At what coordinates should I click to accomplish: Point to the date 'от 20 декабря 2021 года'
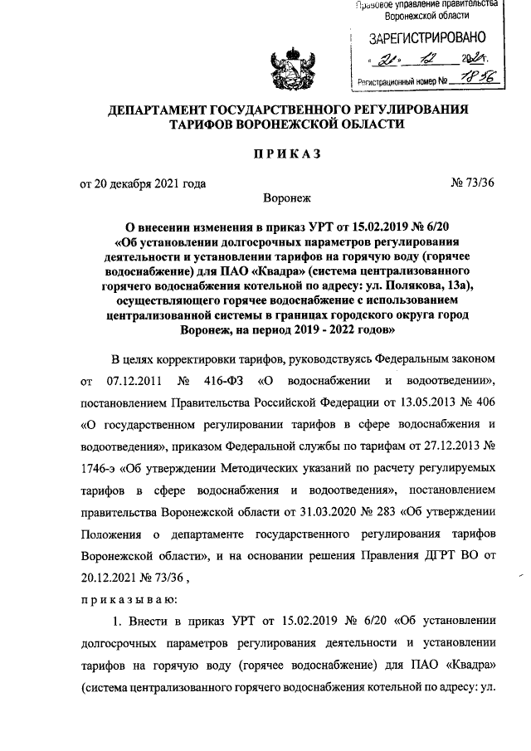point(143,183)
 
